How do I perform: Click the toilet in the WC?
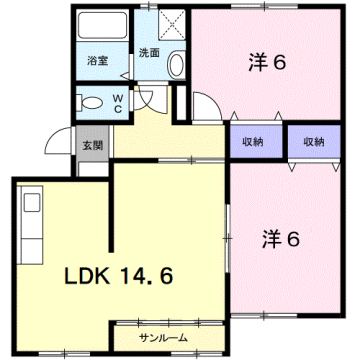pyautogui.click(x=89, y=101)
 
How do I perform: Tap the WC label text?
pyautogui.click(x=117, y=102)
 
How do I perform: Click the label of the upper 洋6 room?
pyautogui.click(x=267, y=61)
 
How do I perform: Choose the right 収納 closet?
pyautogui.click(x=313, y=142)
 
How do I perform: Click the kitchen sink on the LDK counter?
pyautogui.click(x=31, y=205)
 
